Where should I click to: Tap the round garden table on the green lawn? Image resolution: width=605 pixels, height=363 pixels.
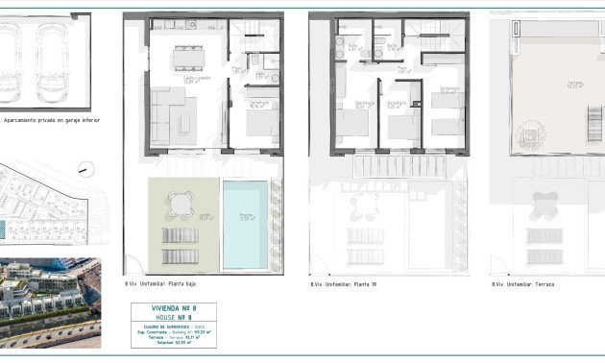(179, 202)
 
